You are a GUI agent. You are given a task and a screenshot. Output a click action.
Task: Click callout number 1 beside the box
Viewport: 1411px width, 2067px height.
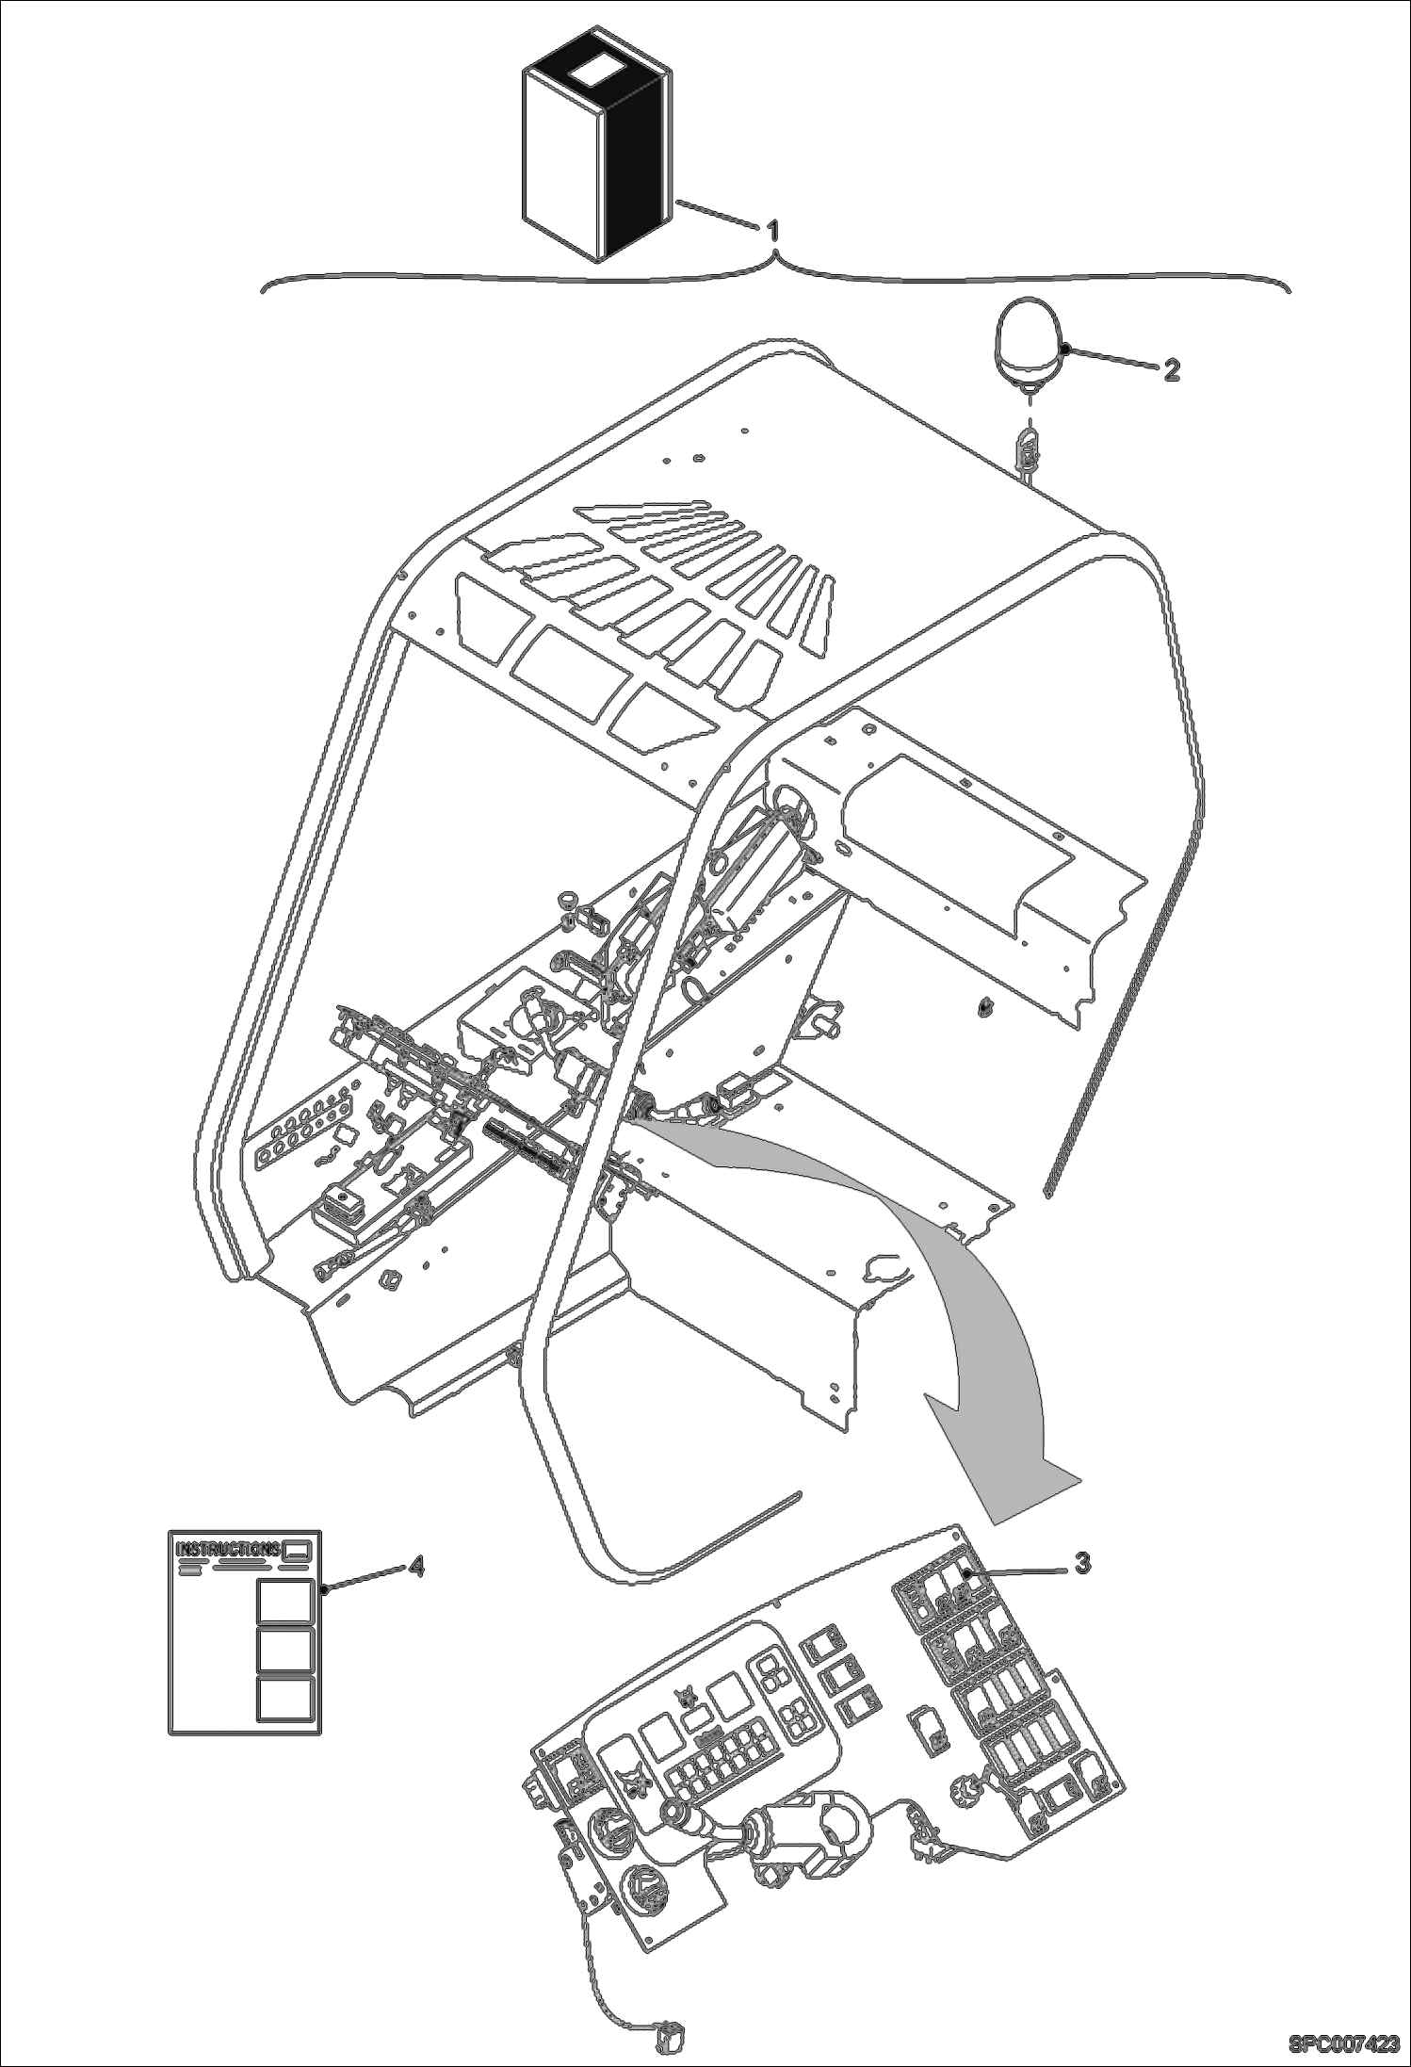tap(774, 229)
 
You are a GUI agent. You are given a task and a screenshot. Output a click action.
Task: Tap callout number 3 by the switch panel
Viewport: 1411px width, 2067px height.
tap(1083, 1562)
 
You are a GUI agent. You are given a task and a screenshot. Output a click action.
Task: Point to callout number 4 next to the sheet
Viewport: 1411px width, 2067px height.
tap(414, 1566)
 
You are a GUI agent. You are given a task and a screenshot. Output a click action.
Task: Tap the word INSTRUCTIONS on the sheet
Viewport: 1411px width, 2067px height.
tap(227, 1549)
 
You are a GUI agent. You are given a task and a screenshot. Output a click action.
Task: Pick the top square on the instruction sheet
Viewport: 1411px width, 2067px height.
tap(284, 1602)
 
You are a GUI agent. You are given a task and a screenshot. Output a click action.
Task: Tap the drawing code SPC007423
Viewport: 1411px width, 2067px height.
tap(1342, 2043)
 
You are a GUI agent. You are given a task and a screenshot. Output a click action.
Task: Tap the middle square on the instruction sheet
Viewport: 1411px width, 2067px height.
tap(284, 1650)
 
